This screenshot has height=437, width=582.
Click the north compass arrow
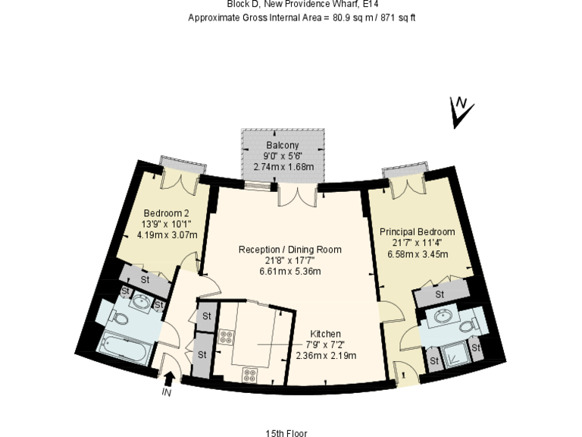coord(460,112)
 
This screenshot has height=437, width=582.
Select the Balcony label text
coord(283,145)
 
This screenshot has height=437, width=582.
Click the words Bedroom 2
coord(166,213)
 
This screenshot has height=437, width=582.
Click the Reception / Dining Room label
coord(289,249)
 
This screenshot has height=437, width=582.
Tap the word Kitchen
coord(325,334)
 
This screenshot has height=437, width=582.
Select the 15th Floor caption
coord(286,433)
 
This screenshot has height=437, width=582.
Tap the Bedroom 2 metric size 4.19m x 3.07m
coord(167,234)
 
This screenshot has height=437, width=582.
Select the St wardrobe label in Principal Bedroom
coord(440,294)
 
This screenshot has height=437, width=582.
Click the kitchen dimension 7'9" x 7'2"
coord(325,344)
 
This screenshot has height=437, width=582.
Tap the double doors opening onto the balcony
coord(296,195)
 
